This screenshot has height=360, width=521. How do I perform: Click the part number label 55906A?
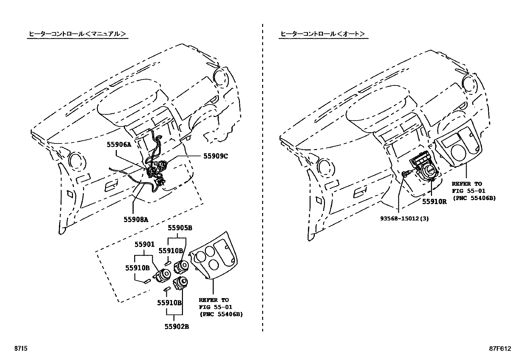pos(119,144)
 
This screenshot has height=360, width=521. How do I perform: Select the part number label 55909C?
pos(215,156)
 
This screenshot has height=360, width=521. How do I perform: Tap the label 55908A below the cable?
pos(135,220)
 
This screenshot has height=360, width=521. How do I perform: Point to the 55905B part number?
pos(180,228)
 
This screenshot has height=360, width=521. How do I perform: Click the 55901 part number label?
pos(144,244)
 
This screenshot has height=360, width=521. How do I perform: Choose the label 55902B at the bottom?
pos(176,327)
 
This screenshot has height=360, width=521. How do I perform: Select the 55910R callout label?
pos(434,202)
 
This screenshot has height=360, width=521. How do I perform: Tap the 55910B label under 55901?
pos(137,268)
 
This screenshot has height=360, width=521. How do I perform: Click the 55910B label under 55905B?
pos(171,251)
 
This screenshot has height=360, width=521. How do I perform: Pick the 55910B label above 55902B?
pos(169,303)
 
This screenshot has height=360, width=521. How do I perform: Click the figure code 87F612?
pos(500,349)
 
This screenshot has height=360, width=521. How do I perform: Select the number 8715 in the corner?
pos(20,349)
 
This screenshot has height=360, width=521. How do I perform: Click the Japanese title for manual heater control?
pos(77,34)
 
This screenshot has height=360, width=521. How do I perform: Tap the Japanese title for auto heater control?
pos(323,34)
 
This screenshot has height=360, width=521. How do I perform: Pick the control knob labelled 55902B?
pos(180,282)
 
